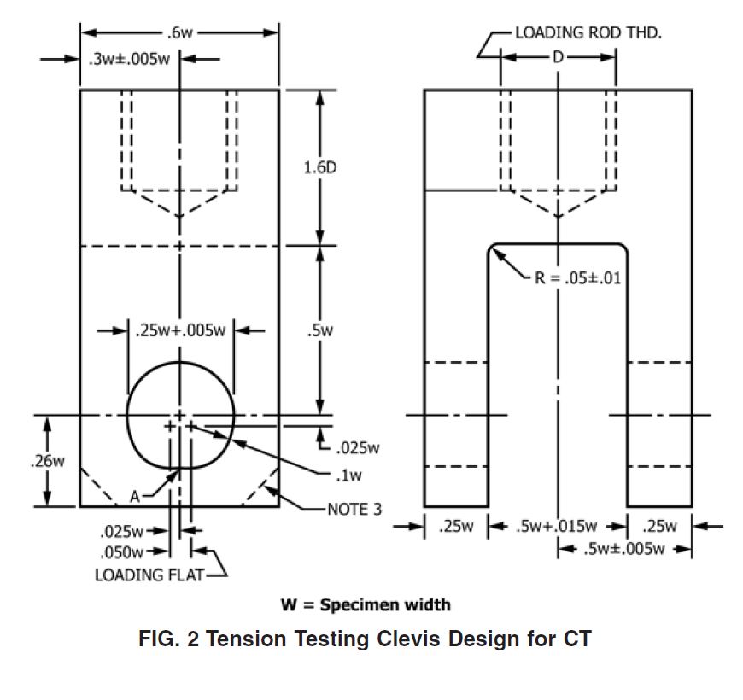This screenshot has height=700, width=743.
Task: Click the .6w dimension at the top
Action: click(179, 33)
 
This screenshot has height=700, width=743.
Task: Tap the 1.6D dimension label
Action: click(320, 167)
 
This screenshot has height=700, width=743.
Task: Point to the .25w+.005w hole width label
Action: click(180, 330)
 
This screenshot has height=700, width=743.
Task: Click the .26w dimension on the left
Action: click(47, 461)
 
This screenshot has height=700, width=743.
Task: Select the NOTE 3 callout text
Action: click(354, 510)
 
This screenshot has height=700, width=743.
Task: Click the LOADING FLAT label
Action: click(149, 575)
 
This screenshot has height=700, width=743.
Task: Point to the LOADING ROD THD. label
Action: click(588, 33)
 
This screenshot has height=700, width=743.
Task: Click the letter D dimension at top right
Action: click(558, 58)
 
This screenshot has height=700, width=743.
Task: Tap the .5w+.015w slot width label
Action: click(555, 527)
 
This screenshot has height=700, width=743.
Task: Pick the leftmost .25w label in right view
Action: click(455, 527)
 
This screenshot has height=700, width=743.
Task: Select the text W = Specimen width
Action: click(366, 604)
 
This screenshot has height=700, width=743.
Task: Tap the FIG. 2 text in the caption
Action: click(169, 639)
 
